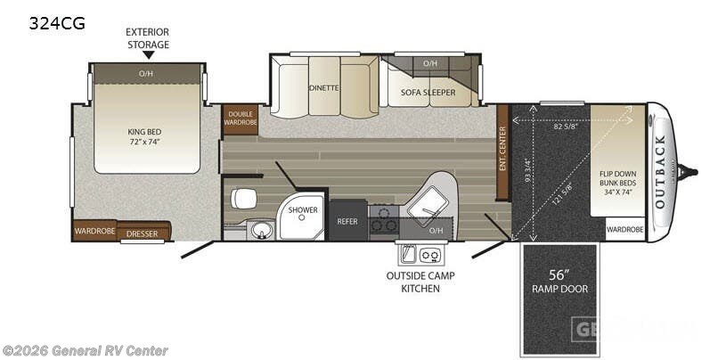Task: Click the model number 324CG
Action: pyautogui.click(x=58, y=24)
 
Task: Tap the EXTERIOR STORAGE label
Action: pyautogui.click(x=147, y=37)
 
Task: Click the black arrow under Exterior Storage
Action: pyautogui.click(x=148, y=54)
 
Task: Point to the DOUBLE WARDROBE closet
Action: pyautogui.click(x=240, y=119)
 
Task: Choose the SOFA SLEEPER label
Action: pyautogui.click(x=429, y=92)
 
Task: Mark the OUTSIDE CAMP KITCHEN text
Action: pyautogui.click(x=420, y=282)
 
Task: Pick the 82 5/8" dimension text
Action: pyautogui.click(x=567, y=127)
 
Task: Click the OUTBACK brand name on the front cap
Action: pyautogui.click(x=660, y=170)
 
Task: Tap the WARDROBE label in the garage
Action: pyautogui.click(x=624, y=229)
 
